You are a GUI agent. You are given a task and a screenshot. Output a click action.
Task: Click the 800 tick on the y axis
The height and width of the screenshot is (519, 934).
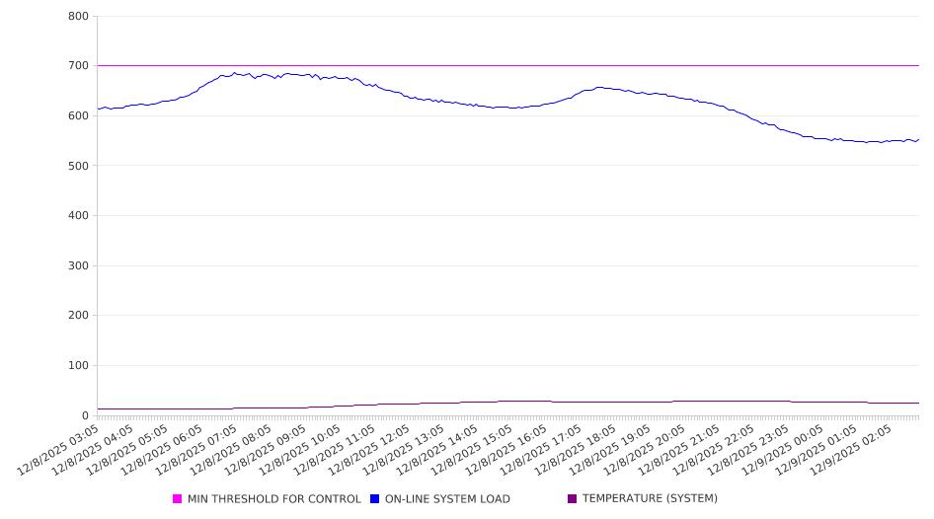pyautogui.click(x=79, y=17)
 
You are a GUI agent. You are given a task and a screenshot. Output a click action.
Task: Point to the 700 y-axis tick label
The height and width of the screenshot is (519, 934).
pyautogui.click(x=79, y=66)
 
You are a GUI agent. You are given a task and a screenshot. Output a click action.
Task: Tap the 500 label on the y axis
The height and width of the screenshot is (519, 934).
pyautogui.click(x=79, y=166)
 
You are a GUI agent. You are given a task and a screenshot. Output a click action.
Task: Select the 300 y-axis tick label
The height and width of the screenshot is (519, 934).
pyautogui.click(x=79, y=266)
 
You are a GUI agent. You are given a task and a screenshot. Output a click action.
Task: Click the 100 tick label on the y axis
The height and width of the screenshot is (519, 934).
pyautogui.click(x=79, y=366)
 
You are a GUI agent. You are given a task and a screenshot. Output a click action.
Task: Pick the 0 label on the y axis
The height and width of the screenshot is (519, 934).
pyautogui.click(x=86, y=415)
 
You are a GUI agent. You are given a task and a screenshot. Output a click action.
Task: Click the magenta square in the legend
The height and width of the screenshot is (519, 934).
pyautogui.click(x=178, y=499)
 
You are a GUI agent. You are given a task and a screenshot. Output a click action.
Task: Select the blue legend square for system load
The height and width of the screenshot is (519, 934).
pyautogui.click(x=375, y=499)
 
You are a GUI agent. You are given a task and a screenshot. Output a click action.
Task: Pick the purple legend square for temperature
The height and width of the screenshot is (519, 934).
pyautogui.click(x=573, y=499)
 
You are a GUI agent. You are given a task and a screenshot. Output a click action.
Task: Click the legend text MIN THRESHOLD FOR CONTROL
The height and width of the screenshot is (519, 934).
pyautogui.click(x=273, y=499)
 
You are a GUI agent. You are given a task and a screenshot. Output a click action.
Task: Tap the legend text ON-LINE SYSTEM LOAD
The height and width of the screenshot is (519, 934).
pyautogui.click(x=447, y=499)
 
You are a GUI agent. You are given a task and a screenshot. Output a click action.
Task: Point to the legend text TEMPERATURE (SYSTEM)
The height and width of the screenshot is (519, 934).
pyautogui.click(x=650, y=499)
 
